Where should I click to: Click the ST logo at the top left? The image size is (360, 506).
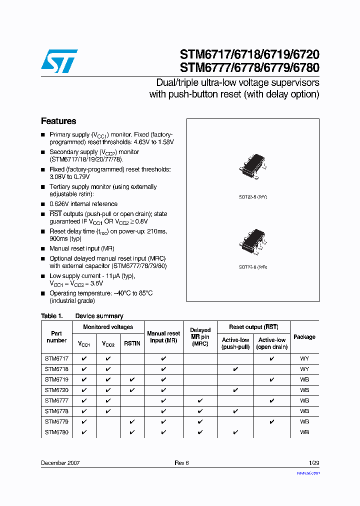59,61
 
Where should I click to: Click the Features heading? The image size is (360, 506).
58,121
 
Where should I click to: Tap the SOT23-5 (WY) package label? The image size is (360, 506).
252,197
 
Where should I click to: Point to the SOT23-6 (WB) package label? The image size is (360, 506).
252,267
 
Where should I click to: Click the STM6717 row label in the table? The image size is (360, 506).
56,358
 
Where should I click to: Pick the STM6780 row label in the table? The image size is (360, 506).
56,432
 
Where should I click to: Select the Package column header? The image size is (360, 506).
304,337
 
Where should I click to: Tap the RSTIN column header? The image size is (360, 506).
132,344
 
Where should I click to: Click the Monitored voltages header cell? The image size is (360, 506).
108,327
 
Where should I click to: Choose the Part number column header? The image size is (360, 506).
56,337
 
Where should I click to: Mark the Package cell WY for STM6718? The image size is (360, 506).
304,369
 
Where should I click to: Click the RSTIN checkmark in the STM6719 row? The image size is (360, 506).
132,379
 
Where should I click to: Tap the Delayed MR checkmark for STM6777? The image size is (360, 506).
200,400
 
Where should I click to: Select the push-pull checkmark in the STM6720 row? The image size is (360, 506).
235,390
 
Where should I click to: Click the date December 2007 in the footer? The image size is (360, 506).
60,463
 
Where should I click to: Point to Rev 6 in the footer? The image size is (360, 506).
181,463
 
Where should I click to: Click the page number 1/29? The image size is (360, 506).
314,463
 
